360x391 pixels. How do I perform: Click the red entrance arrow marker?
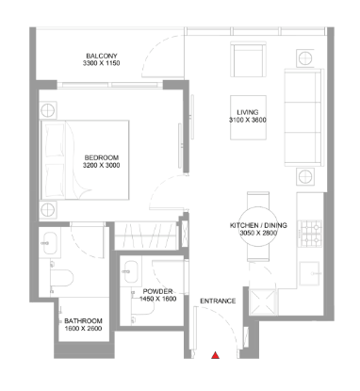215,355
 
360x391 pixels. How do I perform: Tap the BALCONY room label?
102,56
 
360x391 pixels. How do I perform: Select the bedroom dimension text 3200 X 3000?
102,165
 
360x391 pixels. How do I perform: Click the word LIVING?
248,112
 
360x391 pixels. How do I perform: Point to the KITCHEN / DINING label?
258,225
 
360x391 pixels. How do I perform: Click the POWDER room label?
157,291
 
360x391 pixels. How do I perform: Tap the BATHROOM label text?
83,321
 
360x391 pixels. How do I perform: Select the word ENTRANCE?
218,301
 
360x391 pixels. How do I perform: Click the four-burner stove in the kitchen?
310,234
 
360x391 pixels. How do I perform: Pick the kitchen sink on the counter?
310,273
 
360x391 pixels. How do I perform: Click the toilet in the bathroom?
61,278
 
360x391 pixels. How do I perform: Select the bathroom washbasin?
50,243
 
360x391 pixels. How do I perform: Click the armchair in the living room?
248,59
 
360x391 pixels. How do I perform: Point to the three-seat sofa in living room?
303,117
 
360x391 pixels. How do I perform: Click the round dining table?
258,226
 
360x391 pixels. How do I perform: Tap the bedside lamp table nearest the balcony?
48,110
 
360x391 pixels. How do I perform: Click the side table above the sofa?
305,57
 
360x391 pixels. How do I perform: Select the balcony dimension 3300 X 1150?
102,63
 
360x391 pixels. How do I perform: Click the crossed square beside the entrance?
262,301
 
